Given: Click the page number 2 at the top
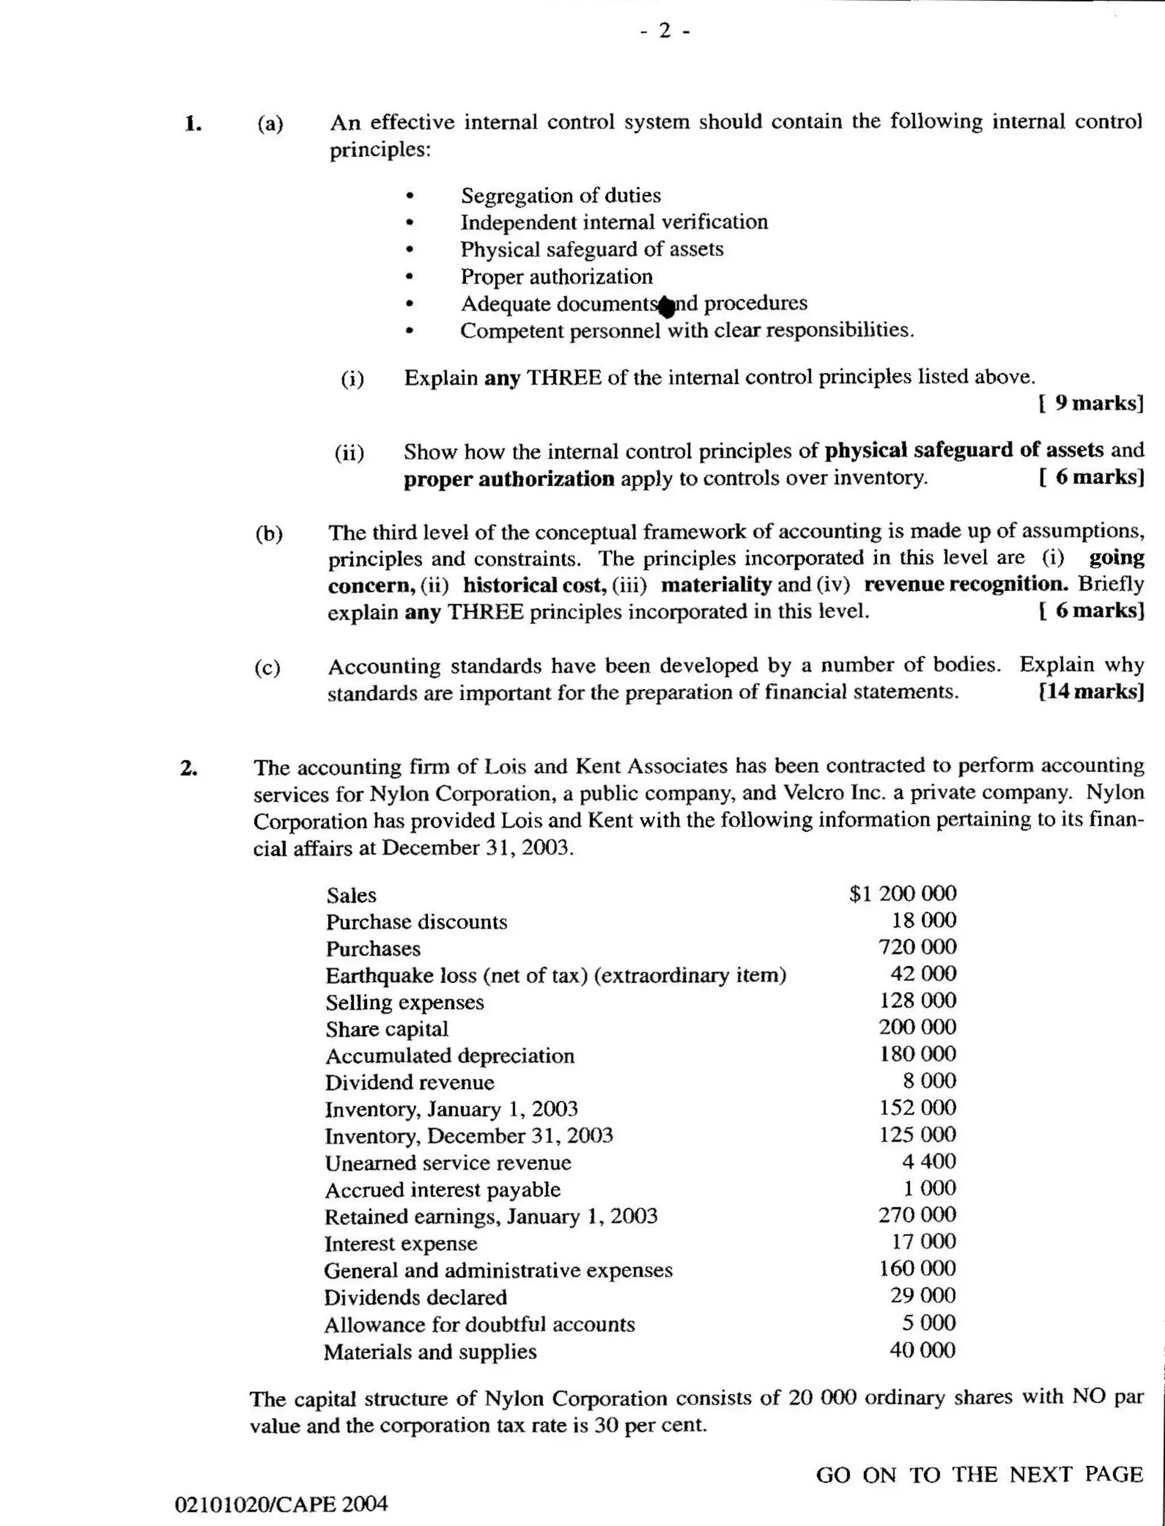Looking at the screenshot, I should coord(664,31).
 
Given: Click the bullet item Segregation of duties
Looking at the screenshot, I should coord(560,196).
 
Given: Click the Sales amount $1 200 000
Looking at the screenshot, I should coord(902,893).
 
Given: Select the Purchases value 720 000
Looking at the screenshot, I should coord(917,947).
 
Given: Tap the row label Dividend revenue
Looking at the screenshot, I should coord(409,1082).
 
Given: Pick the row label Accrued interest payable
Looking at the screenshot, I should coord(443,1190).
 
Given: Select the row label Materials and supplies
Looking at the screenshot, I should coord(430,1351).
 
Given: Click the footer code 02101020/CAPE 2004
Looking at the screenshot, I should coord(281,1504).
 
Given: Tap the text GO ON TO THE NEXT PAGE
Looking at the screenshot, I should coord(978,1474).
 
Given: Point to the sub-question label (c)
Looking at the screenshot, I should coord(267,667).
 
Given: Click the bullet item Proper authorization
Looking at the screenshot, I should coord(556,277).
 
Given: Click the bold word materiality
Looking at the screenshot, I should coord(715,585).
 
